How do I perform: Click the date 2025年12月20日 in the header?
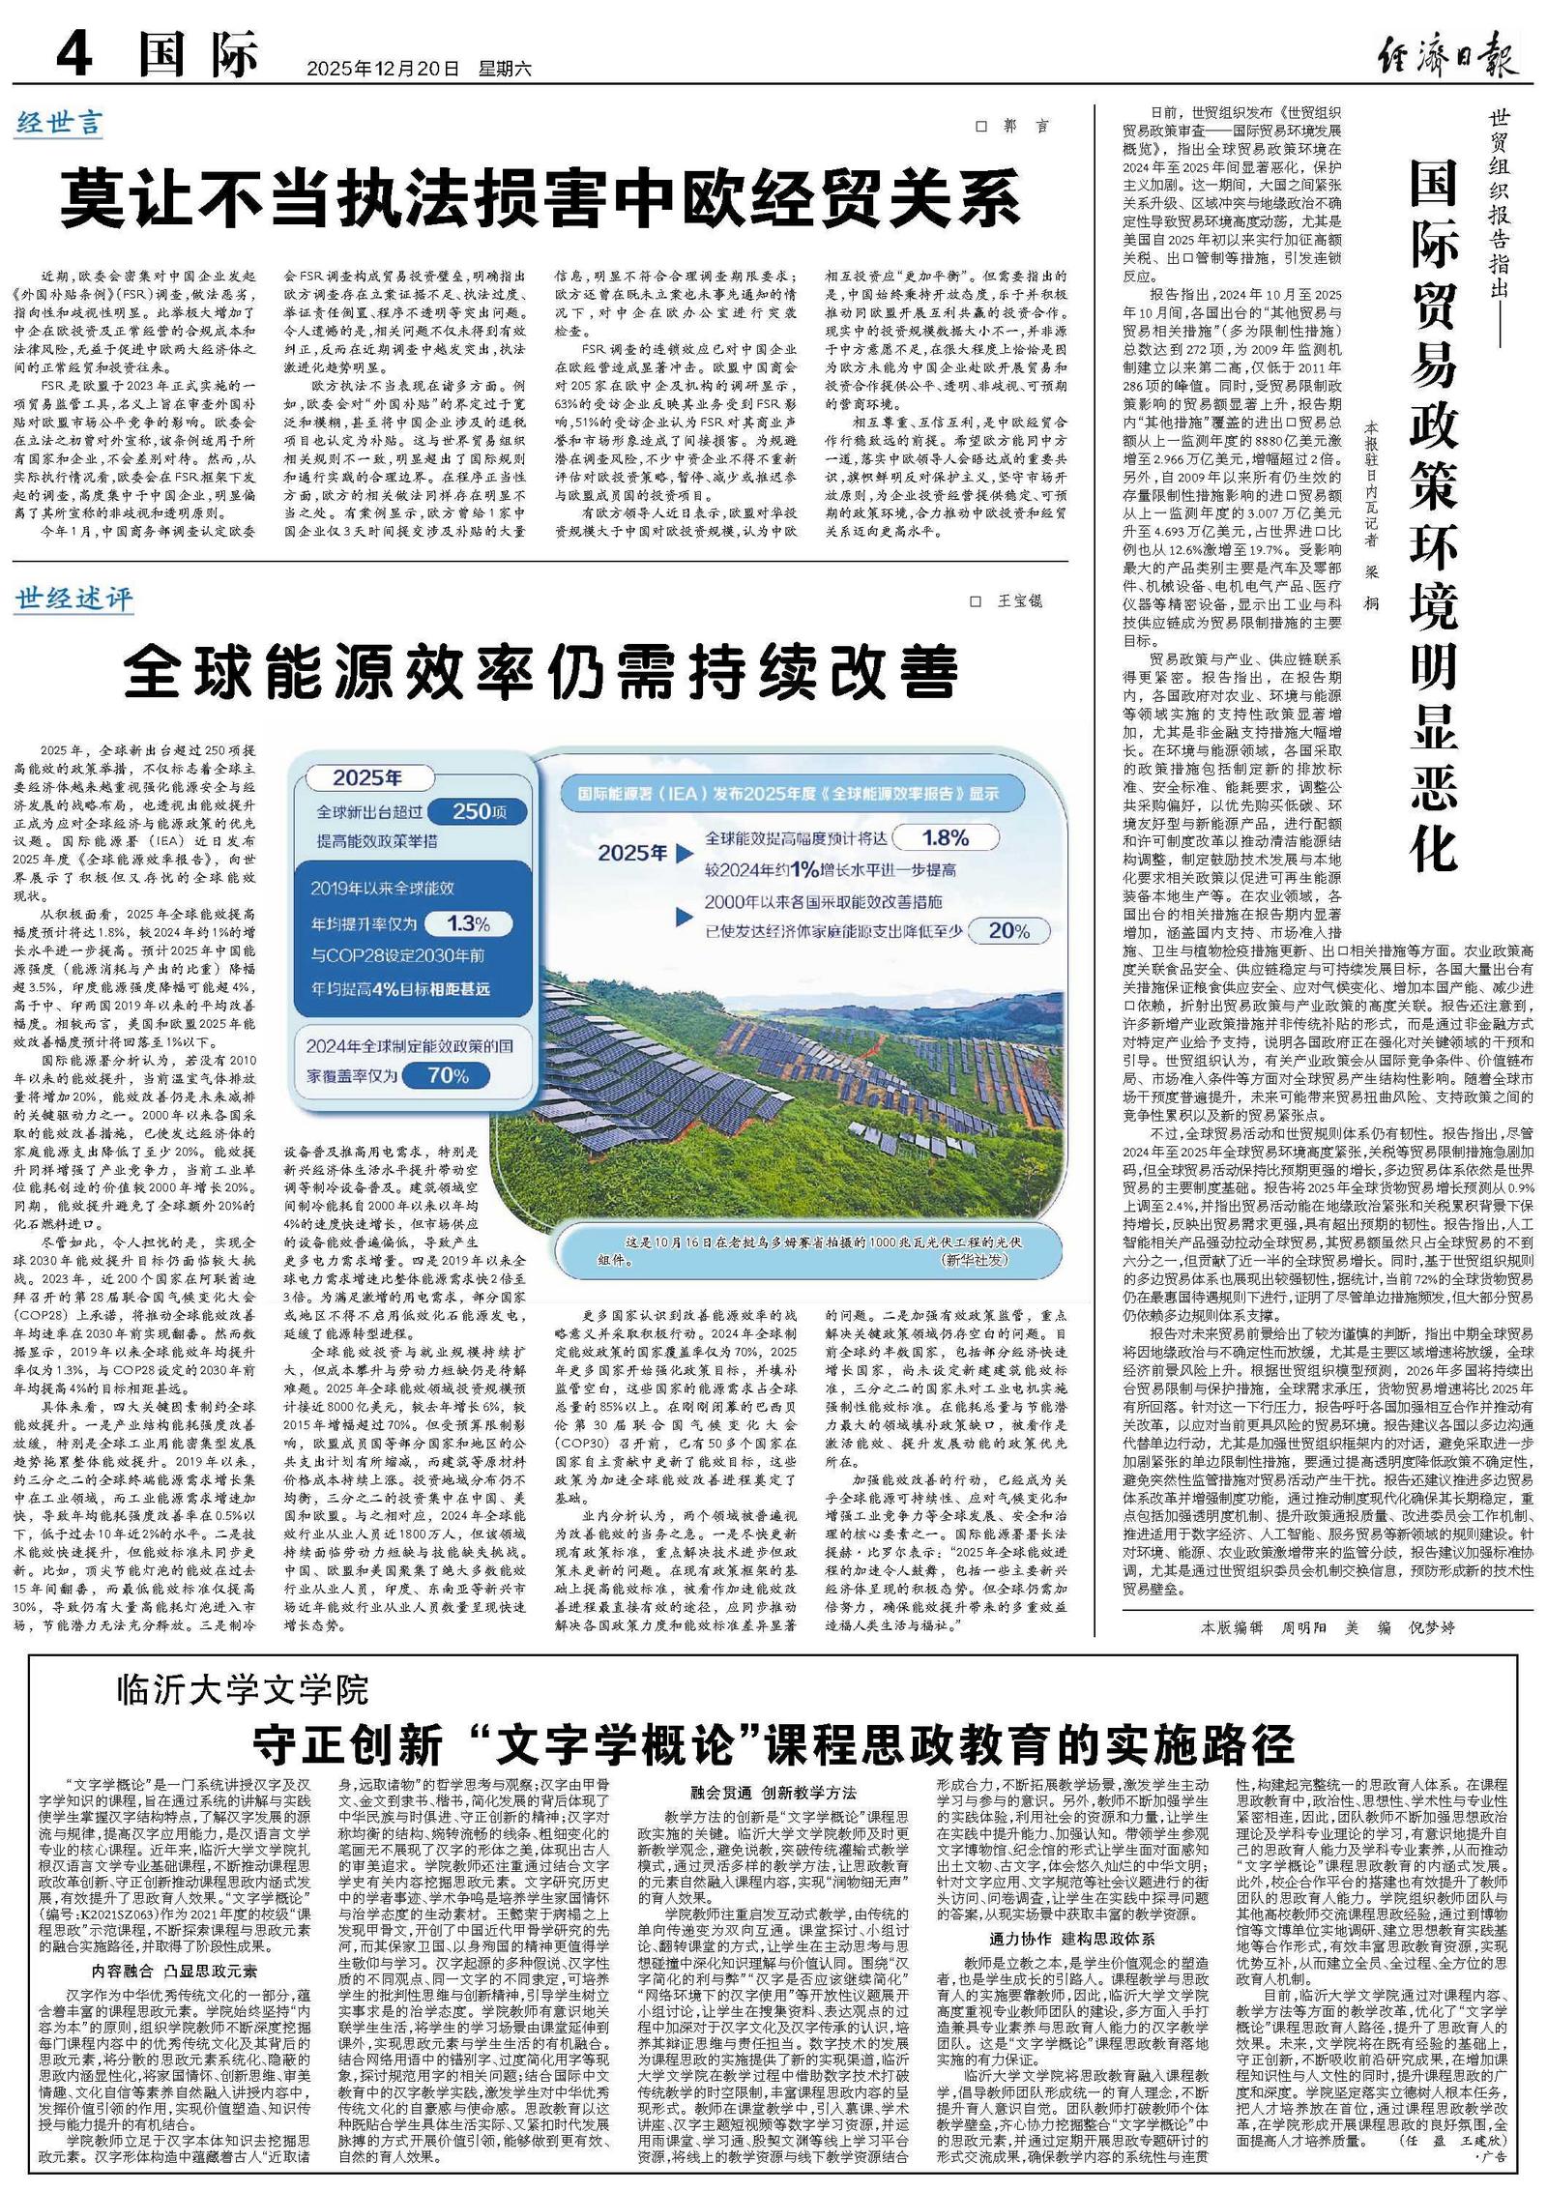382,68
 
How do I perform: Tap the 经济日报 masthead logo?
1446,53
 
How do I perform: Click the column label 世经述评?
73,599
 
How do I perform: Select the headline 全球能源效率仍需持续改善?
540,672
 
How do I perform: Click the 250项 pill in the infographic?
478,812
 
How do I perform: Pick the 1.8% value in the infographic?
945,837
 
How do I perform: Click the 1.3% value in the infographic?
468,923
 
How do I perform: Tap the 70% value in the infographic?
447,1075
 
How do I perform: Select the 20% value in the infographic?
1008,930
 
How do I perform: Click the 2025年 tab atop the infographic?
366,778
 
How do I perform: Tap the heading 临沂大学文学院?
243,1689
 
